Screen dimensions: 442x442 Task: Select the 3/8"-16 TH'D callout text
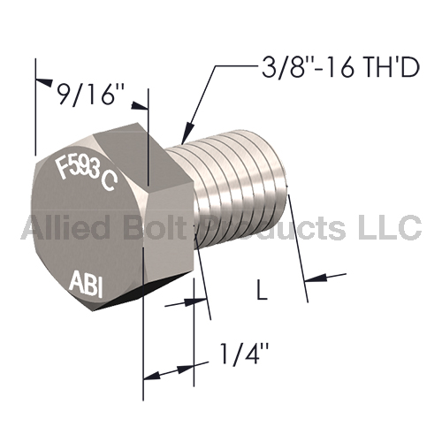(340, 68)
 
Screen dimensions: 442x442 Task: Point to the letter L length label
(262, 290)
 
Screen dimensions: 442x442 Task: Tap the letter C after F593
(110, 182)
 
